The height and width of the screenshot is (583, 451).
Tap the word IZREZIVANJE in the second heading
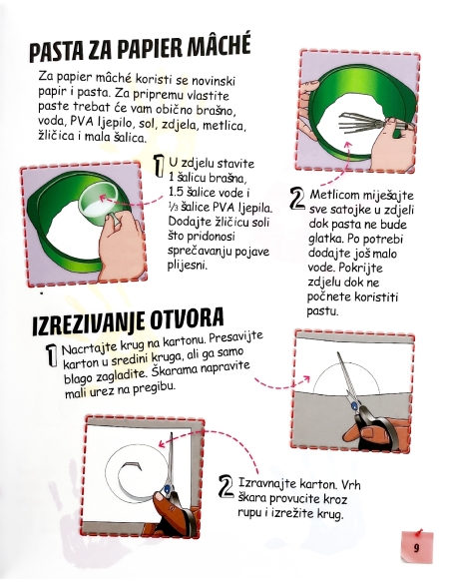tap(85, 326)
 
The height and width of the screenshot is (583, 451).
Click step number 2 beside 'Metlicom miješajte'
tap(296, 199)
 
